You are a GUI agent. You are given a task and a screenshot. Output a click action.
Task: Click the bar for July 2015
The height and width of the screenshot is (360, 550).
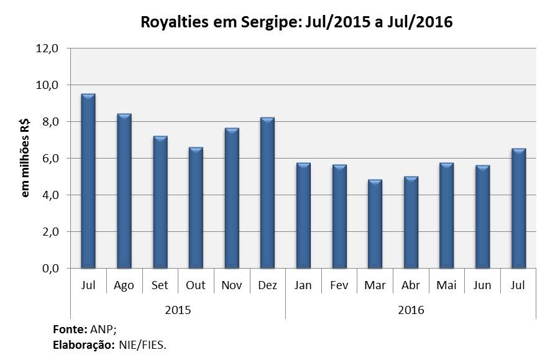(x=88, y=182)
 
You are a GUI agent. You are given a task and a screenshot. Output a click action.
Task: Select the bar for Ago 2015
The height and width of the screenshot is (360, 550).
(x=124, y=192)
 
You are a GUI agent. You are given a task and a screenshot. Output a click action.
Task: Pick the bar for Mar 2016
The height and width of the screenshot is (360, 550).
(x=375, y=224)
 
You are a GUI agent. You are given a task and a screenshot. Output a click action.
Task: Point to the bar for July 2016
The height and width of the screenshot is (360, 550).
(x=518, y=209)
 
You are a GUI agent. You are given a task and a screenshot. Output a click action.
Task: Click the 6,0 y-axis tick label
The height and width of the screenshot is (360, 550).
(x=49, y=159)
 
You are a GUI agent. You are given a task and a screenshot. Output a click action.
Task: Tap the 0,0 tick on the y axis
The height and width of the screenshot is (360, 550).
(x=49, y=269)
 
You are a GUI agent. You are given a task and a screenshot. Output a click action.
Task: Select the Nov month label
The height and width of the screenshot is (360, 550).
(x=231, y=285)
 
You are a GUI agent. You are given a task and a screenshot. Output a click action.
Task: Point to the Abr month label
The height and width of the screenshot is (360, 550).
(x=411, y=285)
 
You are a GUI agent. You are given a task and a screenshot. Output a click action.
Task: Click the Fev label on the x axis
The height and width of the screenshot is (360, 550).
(x=339, y=285)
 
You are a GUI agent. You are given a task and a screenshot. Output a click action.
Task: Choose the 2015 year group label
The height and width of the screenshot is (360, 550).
(x=178, y=309)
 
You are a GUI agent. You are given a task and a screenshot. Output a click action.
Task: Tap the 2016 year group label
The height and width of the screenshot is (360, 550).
(x=411, y=309)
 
